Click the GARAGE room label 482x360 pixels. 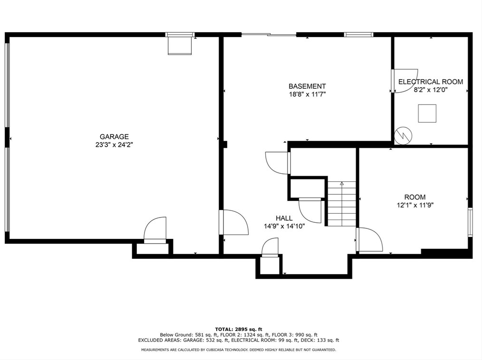pos(114,137)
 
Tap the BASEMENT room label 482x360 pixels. pos(307,86)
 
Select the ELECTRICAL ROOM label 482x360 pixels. pos(431,82)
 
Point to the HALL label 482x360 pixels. pos(284,218)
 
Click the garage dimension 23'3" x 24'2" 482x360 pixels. pos(114,145)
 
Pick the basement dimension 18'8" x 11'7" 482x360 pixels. pos(307,95)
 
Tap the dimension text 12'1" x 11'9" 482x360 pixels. pos(415,205)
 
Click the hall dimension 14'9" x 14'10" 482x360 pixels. pos(284,226)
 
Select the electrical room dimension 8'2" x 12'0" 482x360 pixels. pos(431,90)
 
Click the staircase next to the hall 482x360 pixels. pos(342,204)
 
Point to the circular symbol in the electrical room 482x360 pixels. pos(403,135)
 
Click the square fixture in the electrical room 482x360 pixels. pos(427,114)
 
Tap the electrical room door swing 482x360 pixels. pos(405,81)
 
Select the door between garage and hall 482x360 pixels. pos(233,222)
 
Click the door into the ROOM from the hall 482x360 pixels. pos(369,239)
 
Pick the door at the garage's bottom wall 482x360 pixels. pos(155,230)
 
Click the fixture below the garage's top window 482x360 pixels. pos(180,46)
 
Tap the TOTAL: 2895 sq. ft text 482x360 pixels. pos(239,329)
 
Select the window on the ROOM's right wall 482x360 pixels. pos(470,222)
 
